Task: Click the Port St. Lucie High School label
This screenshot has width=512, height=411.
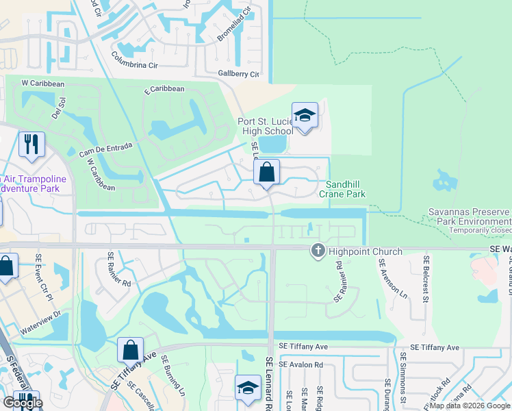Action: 265,126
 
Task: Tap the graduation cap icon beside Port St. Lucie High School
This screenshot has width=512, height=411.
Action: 305,116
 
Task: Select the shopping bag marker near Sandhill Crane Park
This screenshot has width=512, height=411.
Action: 266,172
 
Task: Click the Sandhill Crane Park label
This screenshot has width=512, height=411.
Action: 345,189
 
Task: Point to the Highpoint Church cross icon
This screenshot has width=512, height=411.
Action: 318,251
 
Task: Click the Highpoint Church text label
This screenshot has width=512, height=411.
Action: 366,251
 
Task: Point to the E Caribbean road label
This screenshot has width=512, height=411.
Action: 164,89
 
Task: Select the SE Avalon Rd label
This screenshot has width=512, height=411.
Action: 300,365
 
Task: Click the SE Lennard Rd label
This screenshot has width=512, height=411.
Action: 268,383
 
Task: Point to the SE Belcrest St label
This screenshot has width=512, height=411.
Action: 426,279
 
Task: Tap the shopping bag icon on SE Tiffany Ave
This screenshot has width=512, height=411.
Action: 129,350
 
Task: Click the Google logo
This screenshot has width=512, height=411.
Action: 23,403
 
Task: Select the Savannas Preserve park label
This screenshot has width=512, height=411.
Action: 470,217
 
